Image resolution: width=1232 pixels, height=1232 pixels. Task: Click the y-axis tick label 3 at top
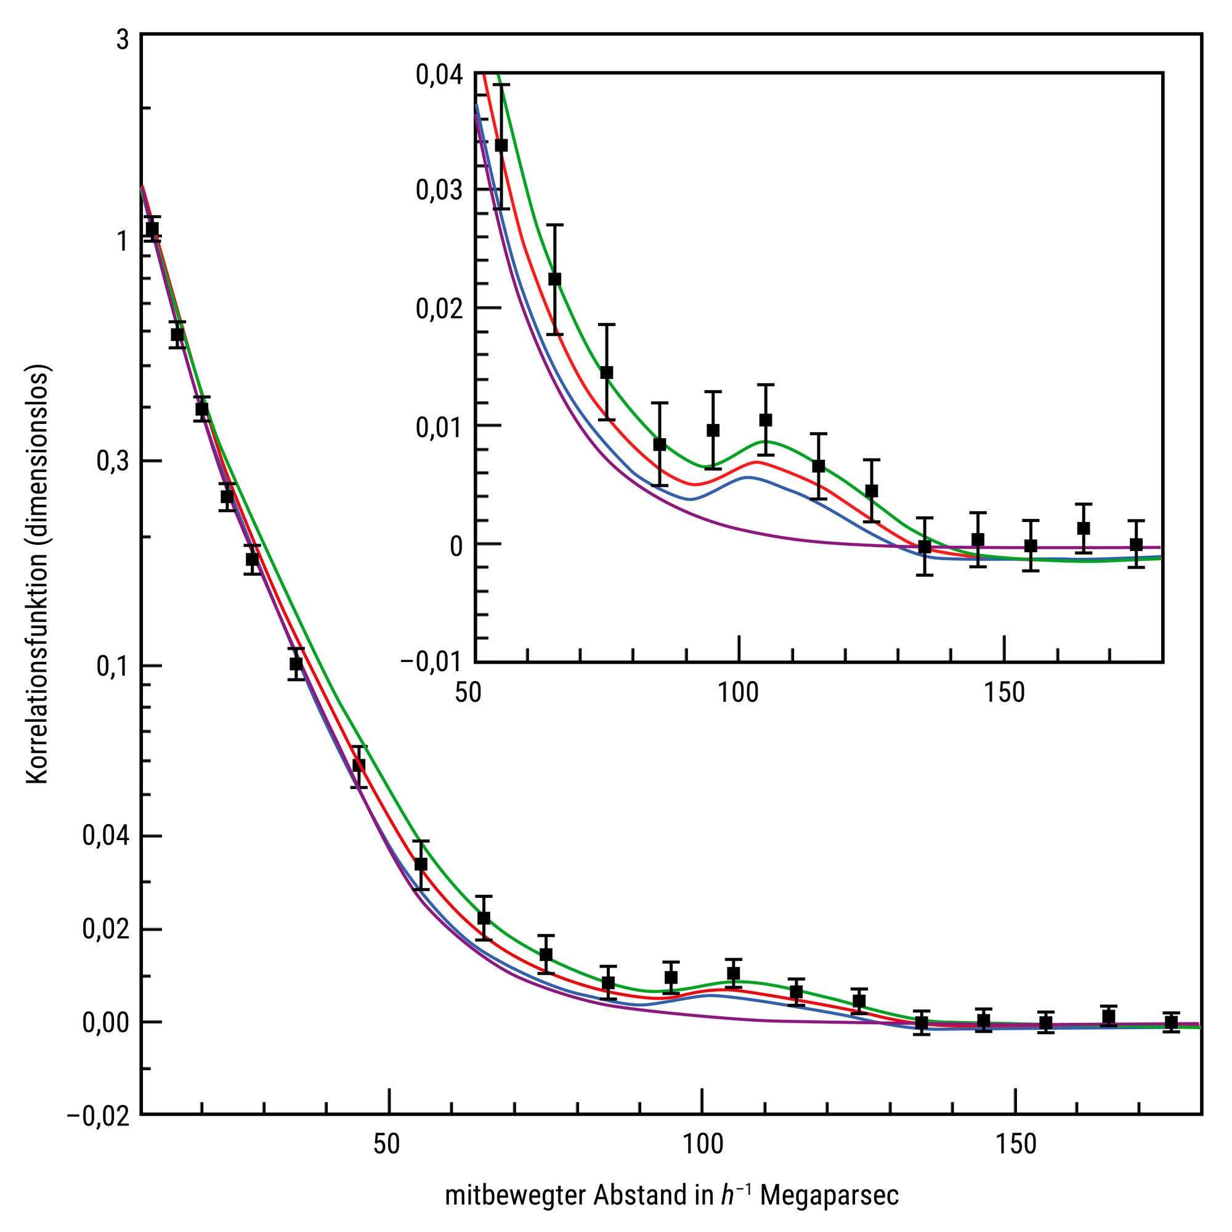pos(122,39)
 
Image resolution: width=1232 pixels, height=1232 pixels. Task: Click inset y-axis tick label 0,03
pos(439,190)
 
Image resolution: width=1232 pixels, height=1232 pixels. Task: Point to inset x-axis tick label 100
pos(739,692)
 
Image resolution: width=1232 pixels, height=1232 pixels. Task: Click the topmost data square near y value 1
pos(152,229)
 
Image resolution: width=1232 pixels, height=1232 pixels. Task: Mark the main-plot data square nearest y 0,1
pos(296,664)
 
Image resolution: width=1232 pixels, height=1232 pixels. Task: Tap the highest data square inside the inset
pos(501,145)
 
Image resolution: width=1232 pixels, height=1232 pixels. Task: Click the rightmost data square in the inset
pos(1136,544)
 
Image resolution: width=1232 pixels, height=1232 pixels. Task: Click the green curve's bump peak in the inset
pos(766,441)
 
